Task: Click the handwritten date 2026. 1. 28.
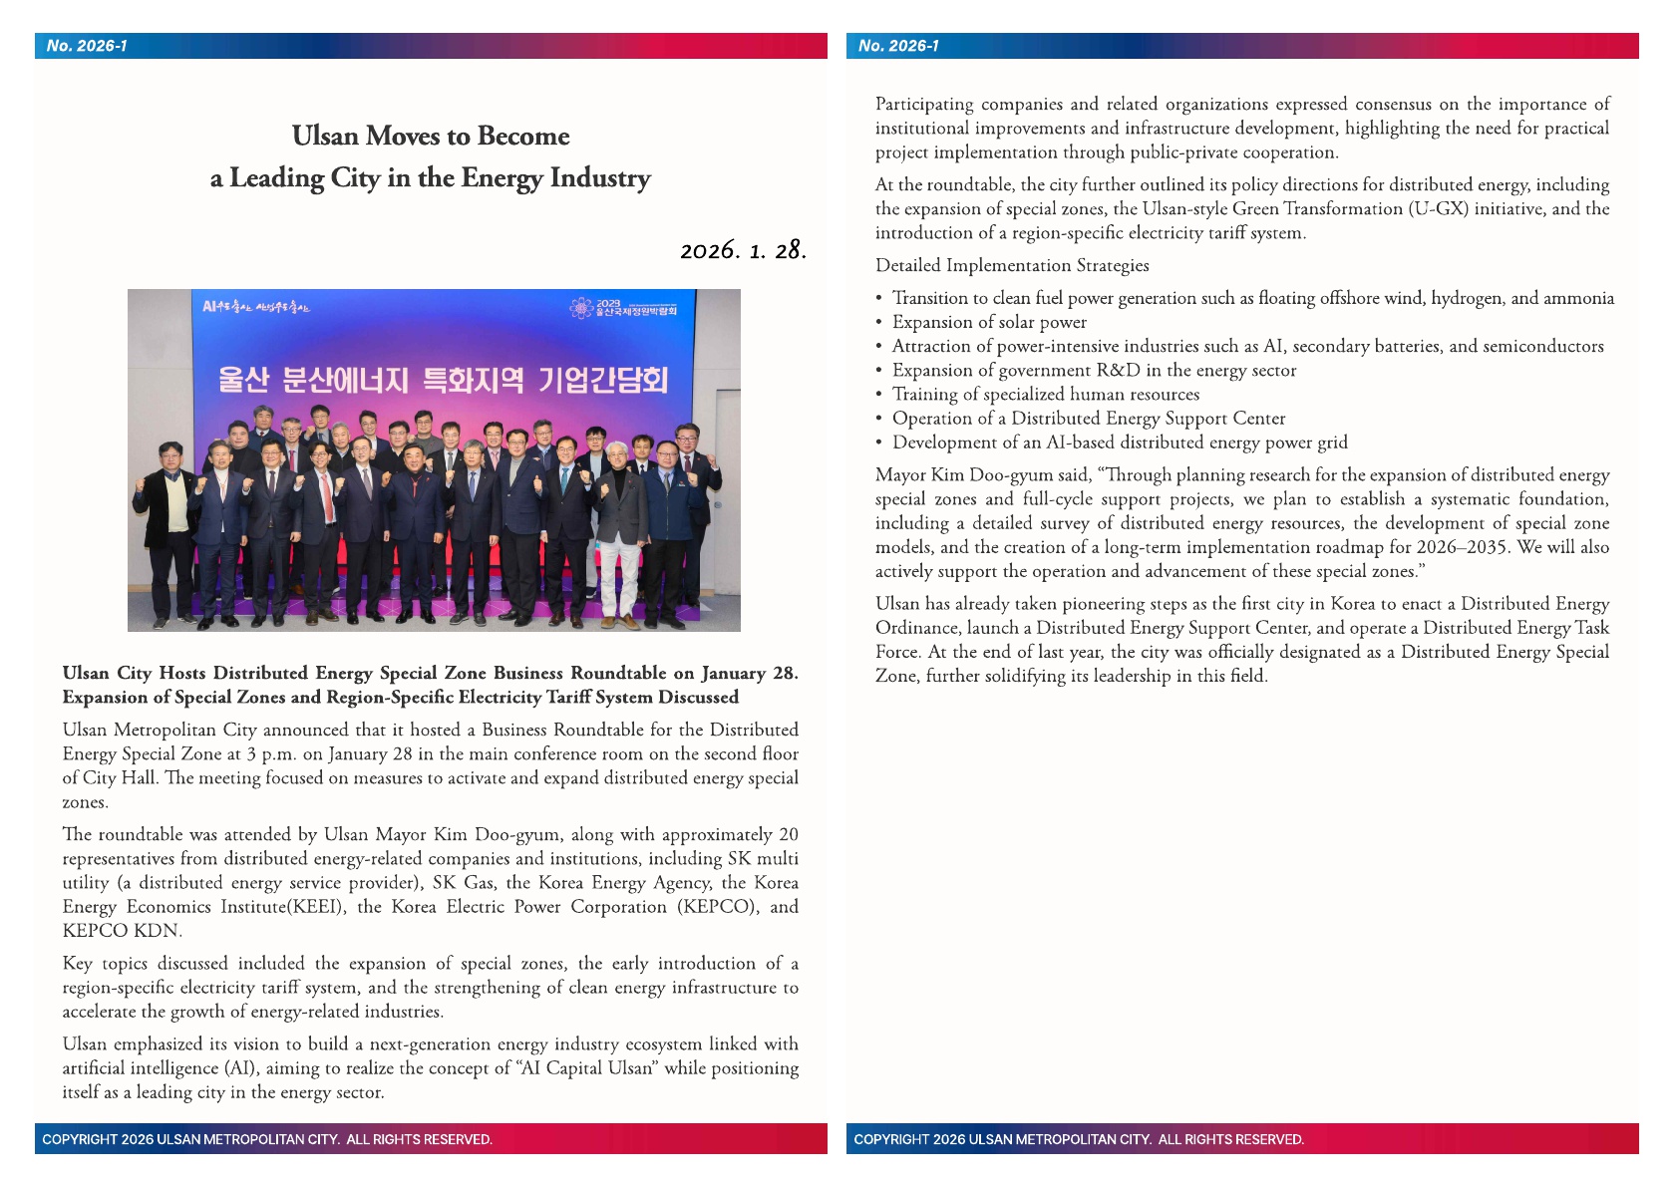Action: point(743,250)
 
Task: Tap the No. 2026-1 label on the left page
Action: point(87,46)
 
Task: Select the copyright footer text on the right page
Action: point(1078,1139)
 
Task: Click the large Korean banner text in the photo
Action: point(442,381)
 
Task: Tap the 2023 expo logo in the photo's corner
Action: point(624,308)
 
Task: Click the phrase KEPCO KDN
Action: point(121,931)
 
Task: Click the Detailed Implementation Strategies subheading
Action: point(1012,265)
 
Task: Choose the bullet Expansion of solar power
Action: point(989,322)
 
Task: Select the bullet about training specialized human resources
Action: point(1045,394)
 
